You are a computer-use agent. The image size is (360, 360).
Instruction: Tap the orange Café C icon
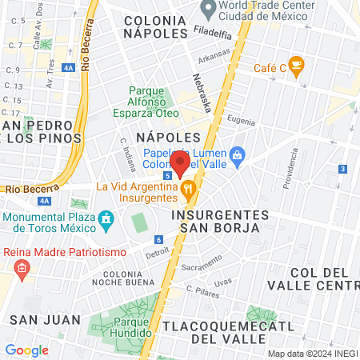[x=297, y=67]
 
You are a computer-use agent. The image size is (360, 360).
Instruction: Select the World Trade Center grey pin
[x=209, y=10]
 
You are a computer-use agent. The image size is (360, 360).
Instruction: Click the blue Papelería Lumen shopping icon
[x=236, y=154]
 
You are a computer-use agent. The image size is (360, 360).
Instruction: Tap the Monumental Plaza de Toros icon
[x=106, y=218]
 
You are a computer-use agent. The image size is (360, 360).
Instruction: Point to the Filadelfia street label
[x=213, y=34]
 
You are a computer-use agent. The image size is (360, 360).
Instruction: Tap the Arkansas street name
[x=214, y=57]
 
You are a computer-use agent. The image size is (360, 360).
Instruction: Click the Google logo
[x=26, y=350]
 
